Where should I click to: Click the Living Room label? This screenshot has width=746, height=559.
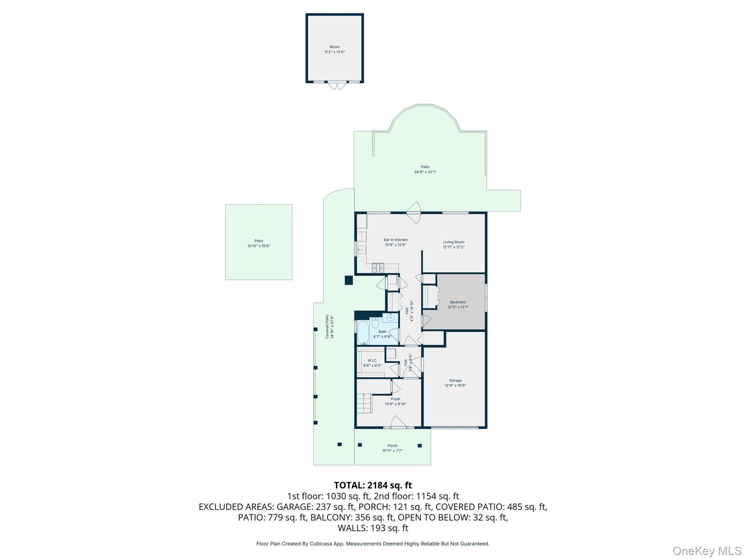click(x=454, y=242)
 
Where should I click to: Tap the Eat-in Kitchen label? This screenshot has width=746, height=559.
click(x=396, y=240)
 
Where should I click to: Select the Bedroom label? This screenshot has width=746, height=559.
click(x=458, y=302)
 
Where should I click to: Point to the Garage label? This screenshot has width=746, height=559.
click(x=455, y=380)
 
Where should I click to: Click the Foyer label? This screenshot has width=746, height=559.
click(x=396, y=399)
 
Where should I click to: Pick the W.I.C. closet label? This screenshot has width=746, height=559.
click(x=372, y=361)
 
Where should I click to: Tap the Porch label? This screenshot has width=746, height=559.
click(x=392, y=445)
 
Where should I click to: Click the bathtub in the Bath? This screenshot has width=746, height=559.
click(x=363, y=332)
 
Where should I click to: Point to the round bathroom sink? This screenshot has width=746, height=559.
click(x=391, y=317)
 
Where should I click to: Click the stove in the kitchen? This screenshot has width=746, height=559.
click(x=378, y=268)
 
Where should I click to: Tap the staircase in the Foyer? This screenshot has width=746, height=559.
click(x=364, y=403)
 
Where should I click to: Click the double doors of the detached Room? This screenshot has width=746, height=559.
click(x=337, y=86)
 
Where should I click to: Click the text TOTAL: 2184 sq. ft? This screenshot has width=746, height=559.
click(x=373, y=485)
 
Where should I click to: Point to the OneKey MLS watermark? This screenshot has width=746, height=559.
click(x=707, y=551)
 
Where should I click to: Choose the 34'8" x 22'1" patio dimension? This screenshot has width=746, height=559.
click(x=425, y=172)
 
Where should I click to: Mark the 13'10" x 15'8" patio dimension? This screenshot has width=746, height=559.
click(x=259, y=246)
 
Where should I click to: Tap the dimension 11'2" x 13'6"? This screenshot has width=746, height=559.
click(x=334, y=52)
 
